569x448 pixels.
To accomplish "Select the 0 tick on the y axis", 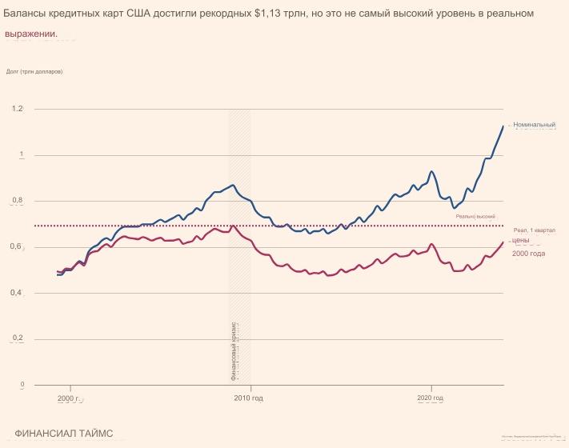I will coord(22,386).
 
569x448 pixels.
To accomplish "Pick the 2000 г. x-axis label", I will coord(70,398).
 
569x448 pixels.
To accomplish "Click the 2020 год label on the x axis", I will coord(430,398).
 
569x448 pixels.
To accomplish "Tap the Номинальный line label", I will coord(535,125).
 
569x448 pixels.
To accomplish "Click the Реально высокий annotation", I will coord(475,216).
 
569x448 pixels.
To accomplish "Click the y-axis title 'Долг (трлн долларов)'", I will coord(34,72).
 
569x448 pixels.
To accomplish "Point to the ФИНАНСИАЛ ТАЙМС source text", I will coord(64,434).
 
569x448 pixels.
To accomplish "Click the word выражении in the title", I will coord(30,34).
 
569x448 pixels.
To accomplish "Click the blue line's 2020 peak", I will coord(432,171).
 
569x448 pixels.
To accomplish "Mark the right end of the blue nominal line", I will coord(503,126).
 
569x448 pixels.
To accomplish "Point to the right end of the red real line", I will coord(503,242).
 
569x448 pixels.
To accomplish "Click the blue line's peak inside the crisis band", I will coord(233,185).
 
